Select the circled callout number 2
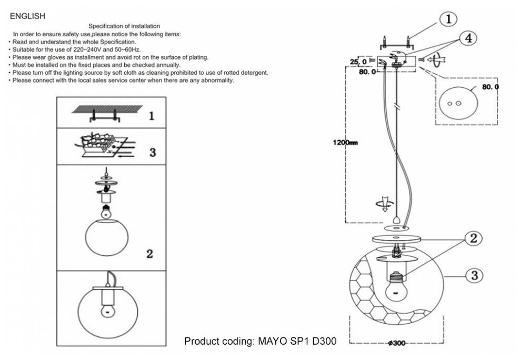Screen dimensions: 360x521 click(x=474, y=238)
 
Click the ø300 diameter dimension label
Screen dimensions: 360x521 click(x=397, y=343)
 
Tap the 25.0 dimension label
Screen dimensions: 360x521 click(x=358, y=61)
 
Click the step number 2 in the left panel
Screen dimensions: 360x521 click(x=149, y=254)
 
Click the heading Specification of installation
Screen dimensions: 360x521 click(x=124, y=26)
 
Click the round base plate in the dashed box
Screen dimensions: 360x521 click(x=454, y=103)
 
